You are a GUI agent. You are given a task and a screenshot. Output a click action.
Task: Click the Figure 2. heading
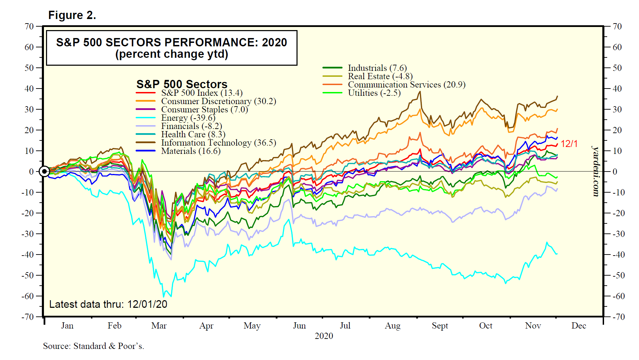72,15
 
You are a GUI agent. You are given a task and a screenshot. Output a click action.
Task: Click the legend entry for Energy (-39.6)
188,118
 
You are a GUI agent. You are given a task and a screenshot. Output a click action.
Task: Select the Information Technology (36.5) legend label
218,143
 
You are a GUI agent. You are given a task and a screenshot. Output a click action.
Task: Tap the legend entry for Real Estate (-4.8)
380,76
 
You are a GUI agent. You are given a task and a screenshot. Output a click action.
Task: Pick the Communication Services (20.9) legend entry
406,85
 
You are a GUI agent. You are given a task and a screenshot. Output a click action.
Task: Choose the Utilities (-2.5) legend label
374,93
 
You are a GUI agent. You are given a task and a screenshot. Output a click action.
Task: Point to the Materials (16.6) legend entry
191,151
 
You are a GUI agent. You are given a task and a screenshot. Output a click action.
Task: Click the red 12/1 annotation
569,144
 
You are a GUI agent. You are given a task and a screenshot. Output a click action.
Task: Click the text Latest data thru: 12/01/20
108,304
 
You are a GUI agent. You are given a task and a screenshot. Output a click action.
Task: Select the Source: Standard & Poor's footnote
93,346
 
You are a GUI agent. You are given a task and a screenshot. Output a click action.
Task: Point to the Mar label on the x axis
159,326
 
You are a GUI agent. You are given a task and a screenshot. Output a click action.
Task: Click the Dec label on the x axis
578,326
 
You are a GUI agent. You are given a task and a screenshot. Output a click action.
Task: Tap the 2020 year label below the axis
324,336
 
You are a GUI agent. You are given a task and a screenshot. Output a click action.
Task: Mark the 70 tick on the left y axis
29,27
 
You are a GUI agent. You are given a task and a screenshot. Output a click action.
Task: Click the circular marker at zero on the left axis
44,172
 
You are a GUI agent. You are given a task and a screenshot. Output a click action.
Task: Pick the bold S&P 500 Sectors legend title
182,84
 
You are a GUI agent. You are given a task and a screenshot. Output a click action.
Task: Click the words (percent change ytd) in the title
172,54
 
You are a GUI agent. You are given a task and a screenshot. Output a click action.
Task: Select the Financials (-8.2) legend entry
191,126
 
